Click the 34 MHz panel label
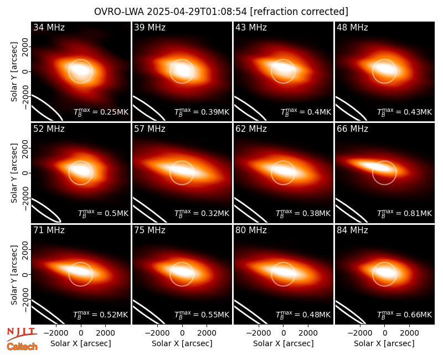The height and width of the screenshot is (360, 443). coord(49,27)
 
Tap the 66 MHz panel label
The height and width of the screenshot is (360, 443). coord(352,129)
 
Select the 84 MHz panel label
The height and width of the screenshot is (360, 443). coord(352,230)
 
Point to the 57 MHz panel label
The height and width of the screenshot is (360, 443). coord(150,129)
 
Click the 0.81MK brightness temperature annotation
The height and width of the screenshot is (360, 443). coord(404,213)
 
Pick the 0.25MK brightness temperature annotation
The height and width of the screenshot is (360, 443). coord(101,112)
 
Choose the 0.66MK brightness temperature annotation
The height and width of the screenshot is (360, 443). coord(404,315)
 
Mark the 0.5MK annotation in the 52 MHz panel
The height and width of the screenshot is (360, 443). coord(103,213)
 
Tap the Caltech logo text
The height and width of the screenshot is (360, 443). coord(22,347)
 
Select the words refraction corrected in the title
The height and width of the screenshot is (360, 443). coord(299,12)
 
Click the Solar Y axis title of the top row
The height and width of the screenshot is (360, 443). coord(14,72)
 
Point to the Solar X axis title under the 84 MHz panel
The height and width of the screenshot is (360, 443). coord(384,343)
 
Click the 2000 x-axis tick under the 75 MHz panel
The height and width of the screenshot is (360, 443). coord(207,333)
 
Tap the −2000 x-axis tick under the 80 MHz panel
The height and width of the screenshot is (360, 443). coord(258,333)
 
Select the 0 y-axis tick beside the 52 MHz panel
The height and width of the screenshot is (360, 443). coord(25,173)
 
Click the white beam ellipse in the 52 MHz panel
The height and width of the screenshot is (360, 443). coord(46,210)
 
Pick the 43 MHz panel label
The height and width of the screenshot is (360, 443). coord(251,27)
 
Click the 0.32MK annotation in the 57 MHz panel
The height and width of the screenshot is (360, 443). coord(202,213)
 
